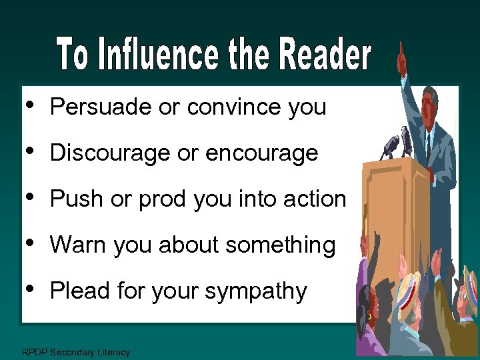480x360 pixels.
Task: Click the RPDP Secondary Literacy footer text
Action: (x=76, y=352)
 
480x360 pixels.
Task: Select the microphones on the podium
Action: (x=396, y=142)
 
